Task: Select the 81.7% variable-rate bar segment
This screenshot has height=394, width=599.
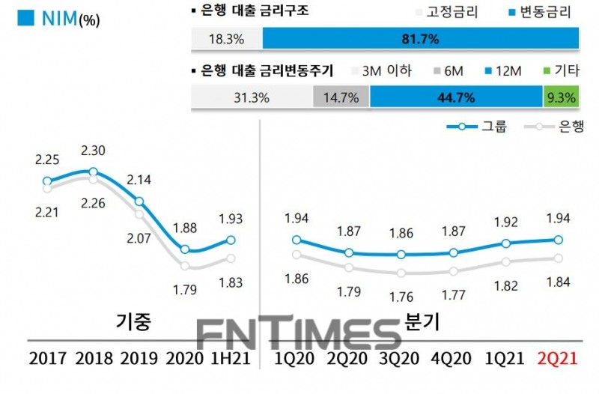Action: (x=422, y=38)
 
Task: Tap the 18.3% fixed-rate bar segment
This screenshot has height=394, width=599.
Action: (x=227, y=38)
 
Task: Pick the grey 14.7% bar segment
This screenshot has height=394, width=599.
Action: (x=341, y=97)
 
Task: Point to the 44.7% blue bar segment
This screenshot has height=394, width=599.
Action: (x=456, y=97)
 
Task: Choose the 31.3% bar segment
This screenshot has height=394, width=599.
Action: (x=252, y=97)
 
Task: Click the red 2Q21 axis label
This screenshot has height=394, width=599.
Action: (x=558, y=359)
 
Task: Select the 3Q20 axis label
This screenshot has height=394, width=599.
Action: (x=401, y=359)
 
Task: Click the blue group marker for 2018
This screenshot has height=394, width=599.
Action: (x=93, y=172)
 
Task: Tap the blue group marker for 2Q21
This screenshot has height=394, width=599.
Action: (x=558, y=240)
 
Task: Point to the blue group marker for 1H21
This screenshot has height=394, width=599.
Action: (x=231, y=240)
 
